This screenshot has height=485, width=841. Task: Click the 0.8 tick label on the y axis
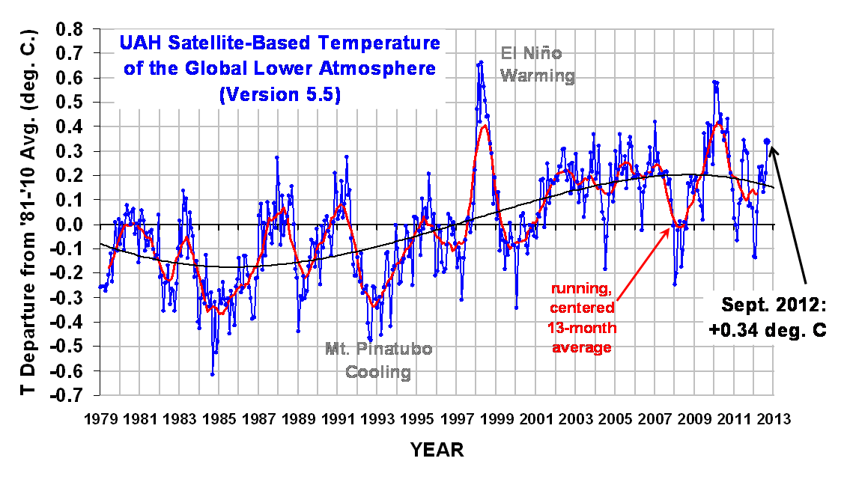(x=75, y=29)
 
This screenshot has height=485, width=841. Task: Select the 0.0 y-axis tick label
(x=75, y=225)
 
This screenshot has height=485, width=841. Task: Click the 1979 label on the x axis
(x=100, y=419)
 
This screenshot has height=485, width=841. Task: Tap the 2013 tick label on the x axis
(x=773, y=419)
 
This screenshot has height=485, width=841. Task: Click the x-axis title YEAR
(x=437, y=450)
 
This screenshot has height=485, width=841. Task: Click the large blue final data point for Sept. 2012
(x=767, y=141)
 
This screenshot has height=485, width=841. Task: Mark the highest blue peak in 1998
(x=481, y=62)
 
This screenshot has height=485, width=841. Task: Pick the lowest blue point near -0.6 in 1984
(x=213, y=373)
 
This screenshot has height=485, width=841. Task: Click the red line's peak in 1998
(x=485, y=125)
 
